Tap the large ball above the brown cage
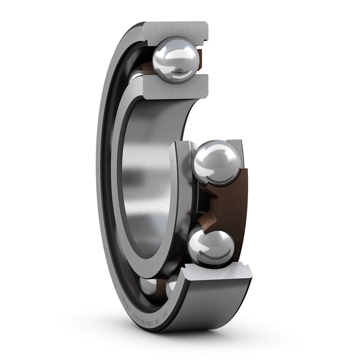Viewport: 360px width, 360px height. click(x=217, y=164)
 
